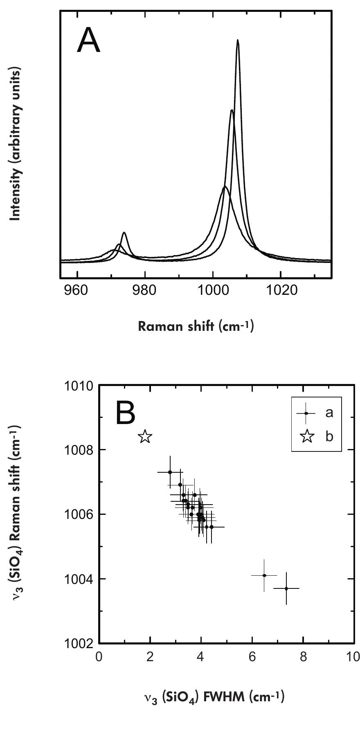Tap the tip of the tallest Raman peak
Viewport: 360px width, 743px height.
click(237, 41)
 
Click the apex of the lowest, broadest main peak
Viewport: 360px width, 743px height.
click(224, 187)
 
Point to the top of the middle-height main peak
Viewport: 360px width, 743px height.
click(232, 110)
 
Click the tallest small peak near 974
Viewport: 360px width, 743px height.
click(124, 233)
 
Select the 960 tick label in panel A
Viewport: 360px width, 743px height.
click(76, 291)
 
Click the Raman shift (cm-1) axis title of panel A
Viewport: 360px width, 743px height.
click(196, 326)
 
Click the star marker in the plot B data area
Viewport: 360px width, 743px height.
click(145, 437)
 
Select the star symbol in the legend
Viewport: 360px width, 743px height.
click(307, 436)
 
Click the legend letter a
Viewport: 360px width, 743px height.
click(329, 413)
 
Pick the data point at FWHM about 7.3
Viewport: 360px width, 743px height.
click(286, 588)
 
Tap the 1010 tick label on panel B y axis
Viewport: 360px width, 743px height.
click(79, 386)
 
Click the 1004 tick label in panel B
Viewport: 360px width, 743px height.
click(79, 579)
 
